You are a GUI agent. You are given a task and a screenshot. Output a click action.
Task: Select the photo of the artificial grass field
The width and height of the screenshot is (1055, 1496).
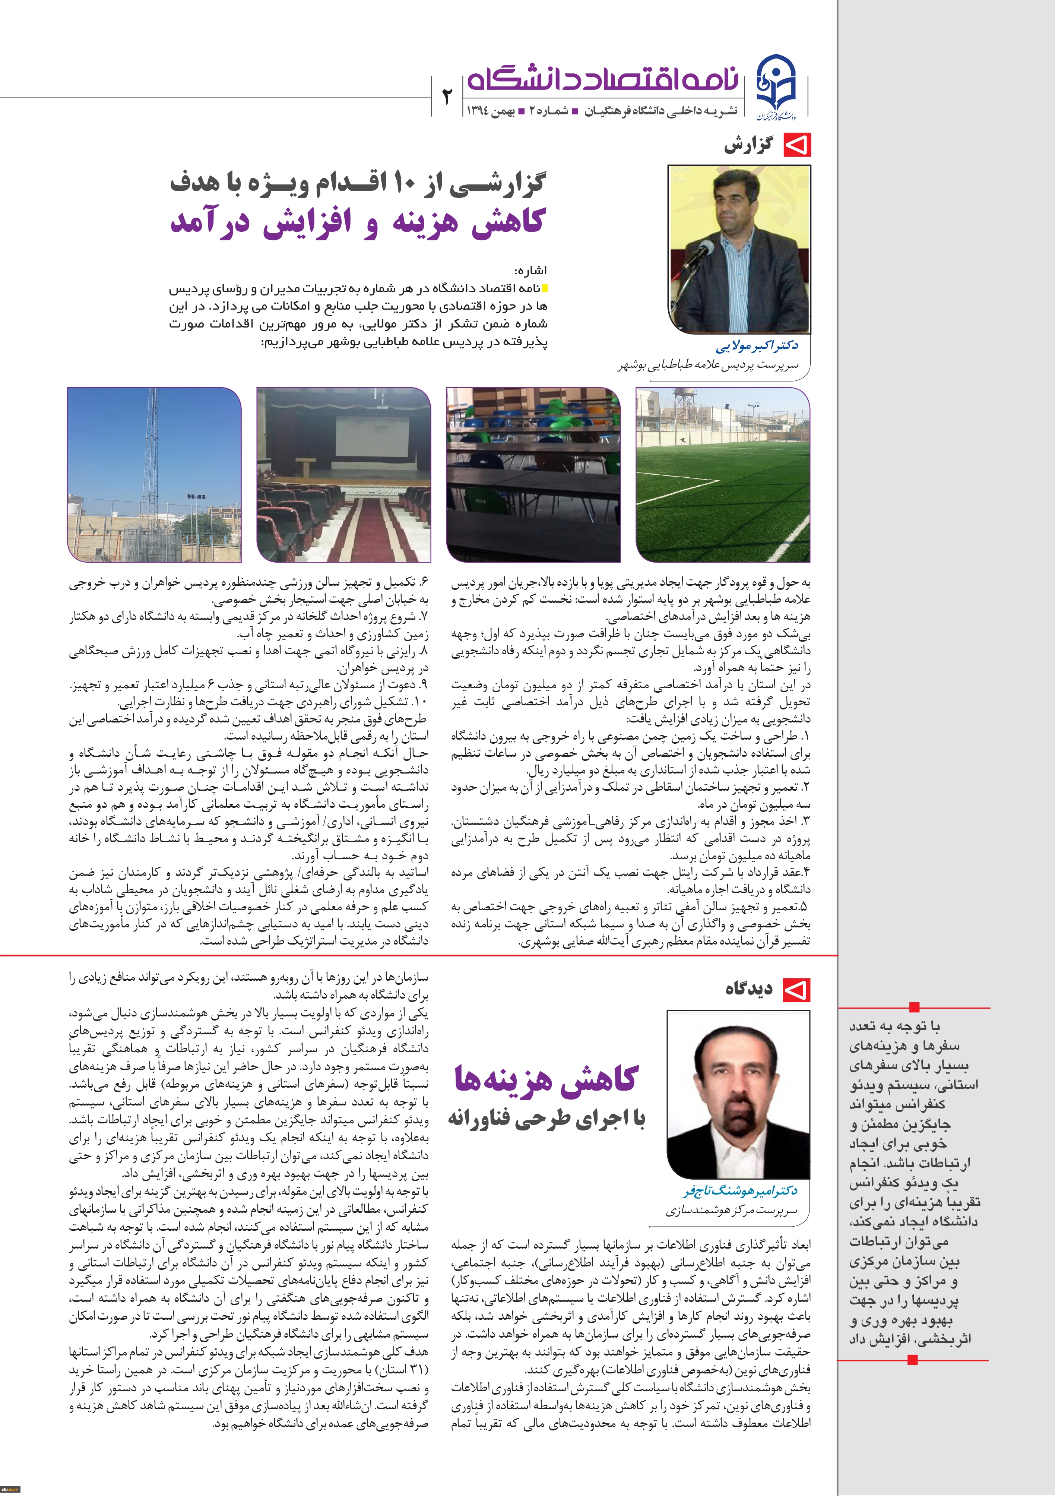pos(723,474)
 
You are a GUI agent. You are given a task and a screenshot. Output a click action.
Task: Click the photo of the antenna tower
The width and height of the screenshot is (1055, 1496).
pos(155,474)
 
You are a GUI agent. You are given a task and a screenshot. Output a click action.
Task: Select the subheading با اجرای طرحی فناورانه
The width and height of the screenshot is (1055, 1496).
pos(546,1119)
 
